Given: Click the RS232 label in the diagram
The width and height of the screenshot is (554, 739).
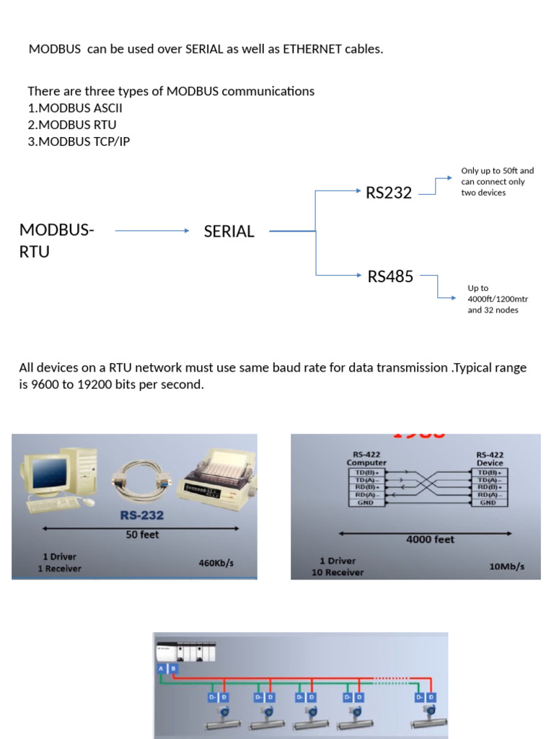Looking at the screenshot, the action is click(388, 193).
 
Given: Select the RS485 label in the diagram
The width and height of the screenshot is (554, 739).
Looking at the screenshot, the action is click(390, 276).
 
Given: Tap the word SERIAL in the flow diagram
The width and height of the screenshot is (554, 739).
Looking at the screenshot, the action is click(229, 232).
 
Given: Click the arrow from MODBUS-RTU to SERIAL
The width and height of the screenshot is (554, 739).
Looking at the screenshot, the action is click(151, 231).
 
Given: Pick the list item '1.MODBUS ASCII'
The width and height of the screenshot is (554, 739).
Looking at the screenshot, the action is click(75, 108).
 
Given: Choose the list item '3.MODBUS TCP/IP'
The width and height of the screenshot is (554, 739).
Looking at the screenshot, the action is click(79, 141).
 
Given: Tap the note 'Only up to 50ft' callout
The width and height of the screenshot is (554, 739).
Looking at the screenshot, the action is click(498, 171).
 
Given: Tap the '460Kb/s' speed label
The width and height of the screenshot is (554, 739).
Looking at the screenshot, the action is click(216, 563).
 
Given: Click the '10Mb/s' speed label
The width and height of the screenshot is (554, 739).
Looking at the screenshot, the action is click(506, 567).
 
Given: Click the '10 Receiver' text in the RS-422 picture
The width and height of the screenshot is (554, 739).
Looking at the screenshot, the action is click(338, 572).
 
